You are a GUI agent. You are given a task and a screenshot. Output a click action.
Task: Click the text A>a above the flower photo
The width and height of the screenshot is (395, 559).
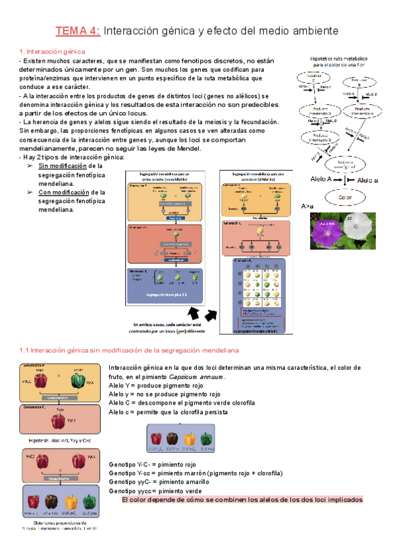coord(307,207)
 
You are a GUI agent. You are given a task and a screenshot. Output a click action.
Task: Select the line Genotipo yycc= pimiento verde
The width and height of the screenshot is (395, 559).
coord(156,491)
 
